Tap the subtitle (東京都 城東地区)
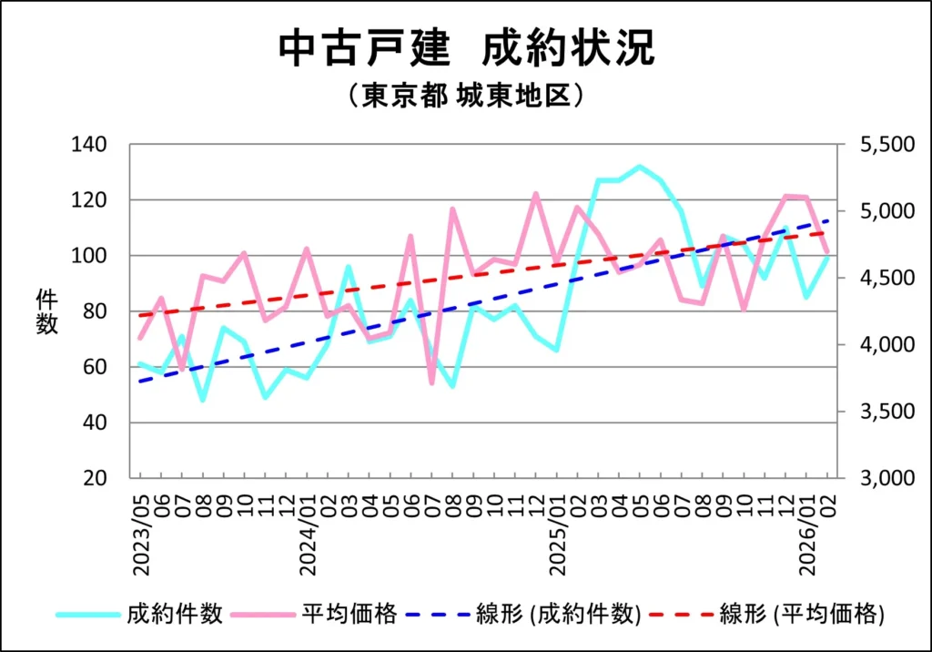466,96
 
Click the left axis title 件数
47,311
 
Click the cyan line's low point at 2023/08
202,400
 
